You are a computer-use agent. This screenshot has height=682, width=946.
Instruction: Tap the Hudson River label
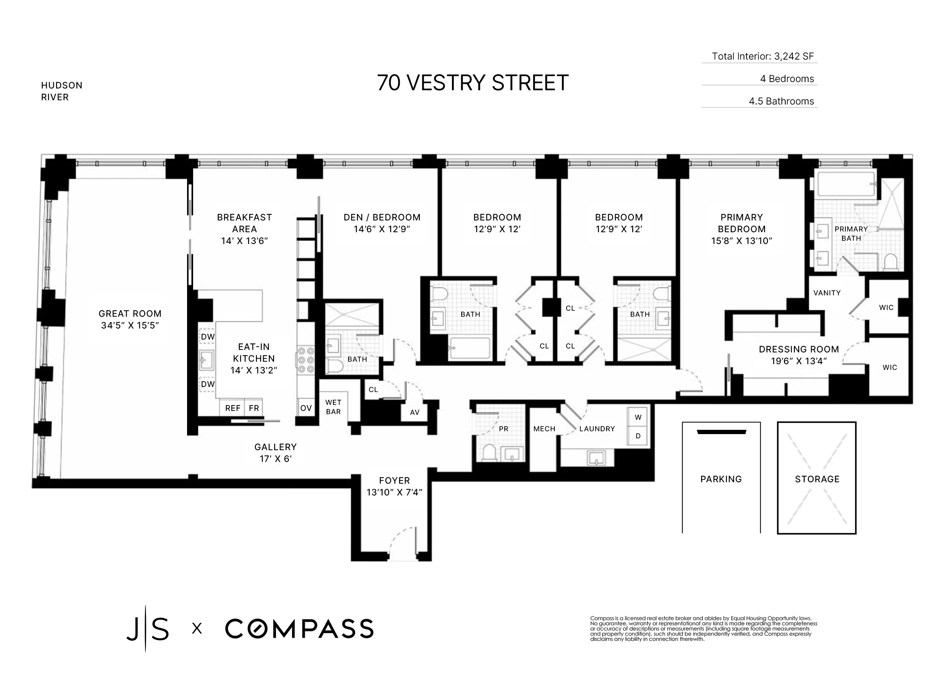61,91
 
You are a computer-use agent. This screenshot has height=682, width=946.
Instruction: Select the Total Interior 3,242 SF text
762,56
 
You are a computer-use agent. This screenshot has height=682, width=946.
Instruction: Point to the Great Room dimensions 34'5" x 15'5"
130,325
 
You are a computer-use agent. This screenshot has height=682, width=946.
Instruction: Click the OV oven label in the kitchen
306,408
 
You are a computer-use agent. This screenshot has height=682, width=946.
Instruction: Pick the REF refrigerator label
232,408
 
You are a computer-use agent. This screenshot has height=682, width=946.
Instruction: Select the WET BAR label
333,407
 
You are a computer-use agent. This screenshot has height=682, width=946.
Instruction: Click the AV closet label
414,412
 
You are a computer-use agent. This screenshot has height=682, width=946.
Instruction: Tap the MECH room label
544,428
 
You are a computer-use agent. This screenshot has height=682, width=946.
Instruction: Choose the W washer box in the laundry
638,417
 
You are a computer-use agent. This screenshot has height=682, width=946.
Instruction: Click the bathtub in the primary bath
846,184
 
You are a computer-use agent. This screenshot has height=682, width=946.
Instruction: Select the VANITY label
827,292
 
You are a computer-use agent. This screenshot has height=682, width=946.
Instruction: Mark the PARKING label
721,479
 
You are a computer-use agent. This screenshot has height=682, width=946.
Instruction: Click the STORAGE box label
817,479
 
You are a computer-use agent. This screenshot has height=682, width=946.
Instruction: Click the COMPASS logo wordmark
299,628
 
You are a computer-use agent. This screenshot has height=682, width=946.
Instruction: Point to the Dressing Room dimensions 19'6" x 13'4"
798,361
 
